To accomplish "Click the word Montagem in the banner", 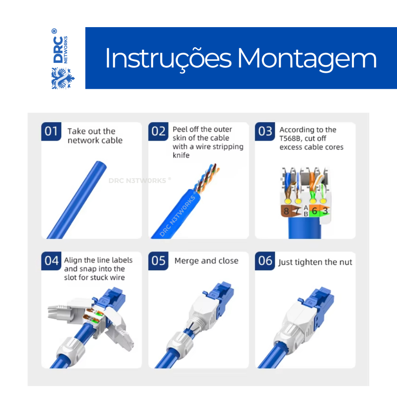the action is click(307, 59).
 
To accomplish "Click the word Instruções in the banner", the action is click(168, 59).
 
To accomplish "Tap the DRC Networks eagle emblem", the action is click(62, 78).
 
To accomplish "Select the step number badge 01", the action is click(51, 131).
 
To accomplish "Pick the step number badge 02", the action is click(158, 131).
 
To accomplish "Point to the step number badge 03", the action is click(265, 131).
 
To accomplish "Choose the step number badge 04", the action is click(51, 261).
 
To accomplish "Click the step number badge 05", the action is click(158, 261).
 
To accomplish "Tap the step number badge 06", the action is click(265, 261).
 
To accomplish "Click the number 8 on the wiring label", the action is click(287, 211).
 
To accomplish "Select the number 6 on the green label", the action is click(314, 211).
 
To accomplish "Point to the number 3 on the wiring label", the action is click(325, 211).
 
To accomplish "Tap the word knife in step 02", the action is click(181, 155).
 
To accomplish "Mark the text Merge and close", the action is click(206, 261).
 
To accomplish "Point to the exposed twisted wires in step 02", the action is click(206, 178).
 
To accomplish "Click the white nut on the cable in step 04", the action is click(71, 349).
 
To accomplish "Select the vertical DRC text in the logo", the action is click(58, 50).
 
